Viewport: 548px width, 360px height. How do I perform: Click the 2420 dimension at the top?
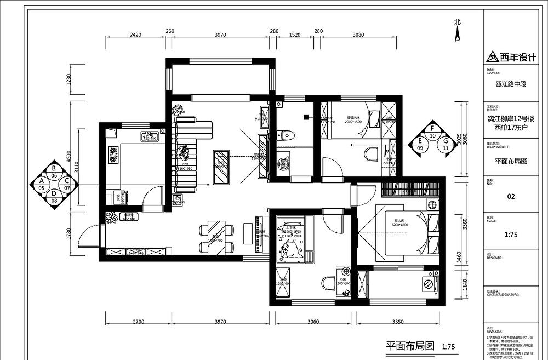point(135,35)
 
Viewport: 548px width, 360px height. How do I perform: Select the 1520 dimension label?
point(294,35)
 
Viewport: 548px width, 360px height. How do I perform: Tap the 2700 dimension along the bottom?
point(138,322)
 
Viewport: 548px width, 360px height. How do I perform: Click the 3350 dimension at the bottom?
point(398,322)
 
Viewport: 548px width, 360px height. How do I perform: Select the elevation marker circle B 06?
point(54,172)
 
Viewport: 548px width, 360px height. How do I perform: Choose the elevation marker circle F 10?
point(433,132)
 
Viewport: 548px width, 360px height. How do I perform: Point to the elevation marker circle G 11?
point(445,144)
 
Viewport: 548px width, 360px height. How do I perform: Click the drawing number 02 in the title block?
point(511,196)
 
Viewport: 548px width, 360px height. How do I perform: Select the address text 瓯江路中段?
point(510,84)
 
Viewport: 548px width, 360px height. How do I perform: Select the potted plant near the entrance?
point(113,217)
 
